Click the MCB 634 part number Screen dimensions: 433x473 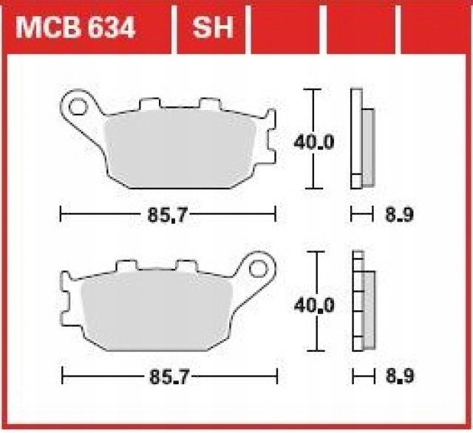pos(75,29)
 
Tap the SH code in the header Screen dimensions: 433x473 pos(213,29)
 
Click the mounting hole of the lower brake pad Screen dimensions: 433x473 pos(258,266)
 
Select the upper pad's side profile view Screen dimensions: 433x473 pos(362,140)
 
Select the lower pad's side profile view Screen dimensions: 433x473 pos(362,301)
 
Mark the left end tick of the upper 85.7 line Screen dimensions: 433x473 pos(60,215)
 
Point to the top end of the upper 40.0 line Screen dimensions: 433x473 pos(316,90)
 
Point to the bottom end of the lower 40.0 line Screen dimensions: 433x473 pos(316,350)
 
